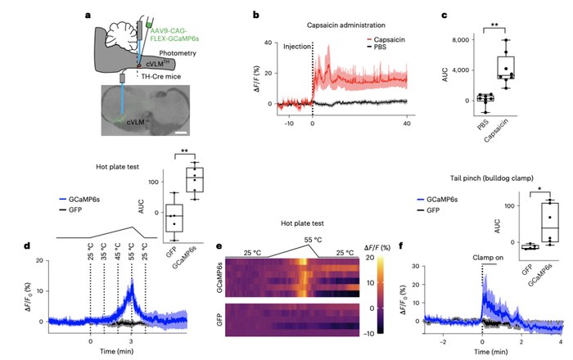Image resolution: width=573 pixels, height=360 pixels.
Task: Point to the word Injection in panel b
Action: [296, 47]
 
